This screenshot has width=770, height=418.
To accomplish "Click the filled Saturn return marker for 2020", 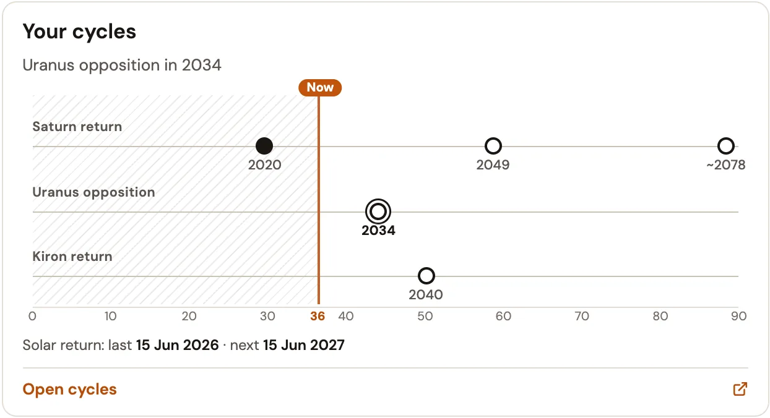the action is click(264, 146).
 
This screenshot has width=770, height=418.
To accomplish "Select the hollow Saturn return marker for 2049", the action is click(493, 138).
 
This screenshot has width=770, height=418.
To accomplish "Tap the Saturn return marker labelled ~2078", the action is click(725, 138).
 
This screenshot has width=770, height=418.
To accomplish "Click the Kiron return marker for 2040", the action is click(426, 268).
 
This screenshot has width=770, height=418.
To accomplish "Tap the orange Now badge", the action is click(319, 88).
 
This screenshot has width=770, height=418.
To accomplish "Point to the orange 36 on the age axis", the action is click(318, 316).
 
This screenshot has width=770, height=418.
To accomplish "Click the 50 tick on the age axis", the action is click(425, 316).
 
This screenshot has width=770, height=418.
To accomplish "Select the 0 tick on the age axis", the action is click(32, 316).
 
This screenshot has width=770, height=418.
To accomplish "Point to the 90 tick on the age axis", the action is click(738, 316).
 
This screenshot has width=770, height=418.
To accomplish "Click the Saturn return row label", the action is click(77, 126).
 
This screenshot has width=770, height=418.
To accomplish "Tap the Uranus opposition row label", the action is click(93, 192).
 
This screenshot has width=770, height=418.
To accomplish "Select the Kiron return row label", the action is click(72, 256).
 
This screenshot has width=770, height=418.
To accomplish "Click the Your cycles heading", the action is click(79, 32).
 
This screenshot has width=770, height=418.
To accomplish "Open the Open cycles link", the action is click(69, 389).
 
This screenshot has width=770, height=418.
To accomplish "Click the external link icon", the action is click(740, 389).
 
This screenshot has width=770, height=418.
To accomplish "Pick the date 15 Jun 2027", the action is click(303, 345).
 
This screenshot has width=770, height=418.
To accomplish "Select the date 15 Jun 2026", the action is click(177, 345).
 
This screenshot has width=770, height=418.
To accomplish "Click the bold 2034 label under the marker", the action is click(378, 230).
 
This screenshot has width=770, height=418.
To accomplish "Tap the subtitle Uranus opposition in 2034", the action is click(122, 65).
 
